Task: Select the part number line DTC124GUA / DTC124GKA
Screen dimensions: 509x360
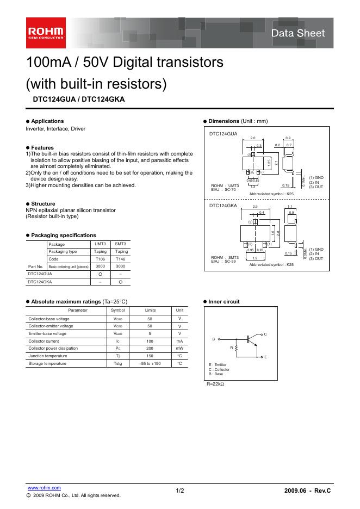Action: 79,100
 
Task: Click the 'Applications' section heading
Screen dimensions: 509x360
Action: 47,121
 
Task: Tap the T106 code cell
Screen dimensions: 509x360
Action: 101,259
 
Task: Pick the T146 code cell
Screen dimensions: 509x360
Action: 121,259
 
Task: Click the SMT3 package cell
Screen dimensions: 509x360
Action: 121,244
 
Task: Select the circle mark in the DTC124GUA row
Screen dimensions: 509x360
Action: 101,275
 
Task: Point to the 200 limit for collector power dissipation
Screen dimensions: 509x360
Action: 150,349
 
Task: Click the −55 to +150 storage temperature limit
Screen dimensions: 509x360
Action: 150,363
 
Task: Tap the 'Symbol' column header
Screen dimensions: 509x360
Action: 117,310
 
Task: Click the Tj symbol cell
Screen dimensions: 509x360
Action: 117,356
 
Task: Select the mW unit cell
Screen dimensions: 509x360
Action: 179,349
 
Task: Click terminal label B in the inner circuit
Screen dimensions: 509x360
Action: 213,339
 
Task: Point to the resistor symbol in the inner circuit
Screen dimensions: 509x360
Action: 236,347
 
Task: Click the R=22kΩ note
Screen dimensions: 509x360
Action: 215,384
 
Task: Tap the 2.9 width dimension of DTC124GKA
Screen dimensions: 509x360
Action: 255,207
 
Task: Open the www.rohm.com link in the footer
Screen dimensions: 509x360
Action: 44,488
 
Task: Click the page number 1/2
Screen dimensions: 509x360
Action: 180,491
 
